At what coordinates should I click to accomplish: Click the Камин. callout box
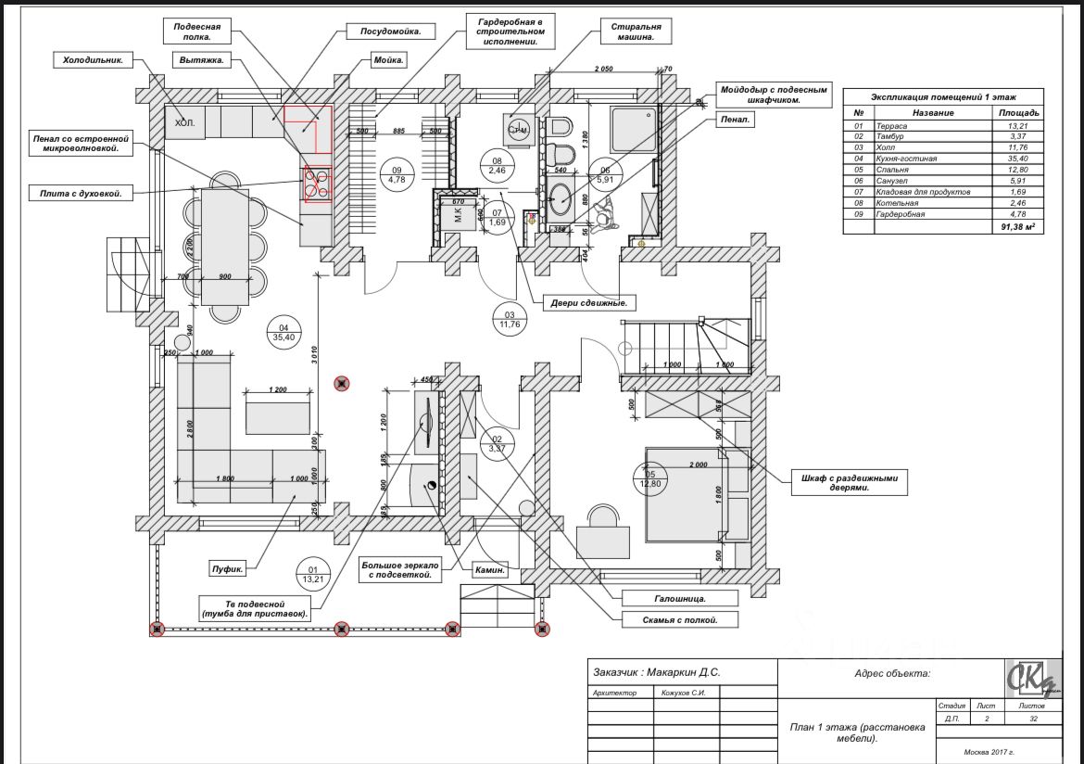[x=490, y=570]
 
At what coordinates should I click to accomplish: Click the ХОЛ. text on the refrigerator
[x=184, y=122]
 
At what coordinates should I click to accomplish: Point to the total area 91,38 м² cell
[x=1015, y=226]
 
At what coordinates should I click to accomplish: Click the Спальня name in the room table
[x=892, y=170]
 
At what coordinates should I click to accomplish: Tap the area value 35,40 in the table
[x=1017, y=159]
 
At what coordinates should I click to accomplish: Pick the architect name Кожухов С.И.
[x=685, y=693]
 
